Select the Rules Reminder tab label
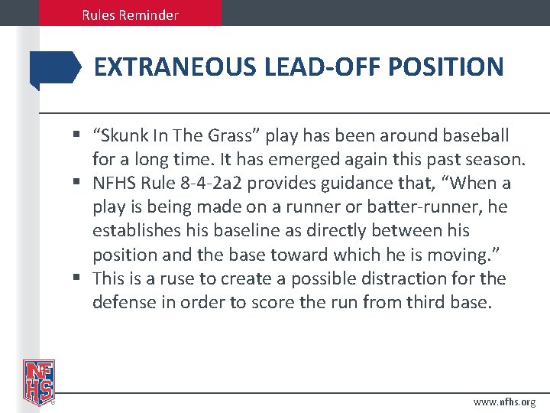tap(131, 15)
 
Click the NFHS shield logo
tap(39, 381)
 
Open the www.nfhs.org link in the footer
tap(504, 401)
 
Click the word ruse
tap(182, 278)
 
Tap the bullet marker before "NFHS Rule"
tap(79, 184)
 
